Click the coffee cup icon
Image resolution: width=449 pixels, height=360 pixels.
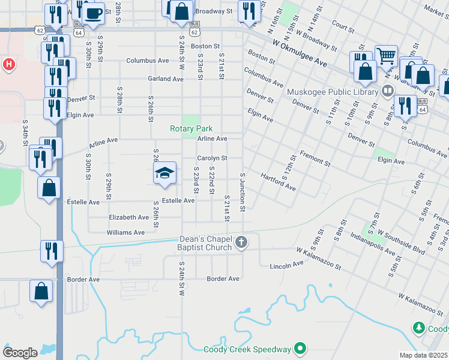click(93, 12)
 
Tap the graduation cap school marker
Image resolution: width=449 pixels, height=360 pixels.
click(164, 173)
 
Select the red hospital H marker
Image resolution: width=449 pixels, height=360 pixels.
click(8, 64)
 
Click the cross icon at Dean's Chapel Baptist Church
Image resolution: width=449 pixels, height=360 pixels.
click(241, 242)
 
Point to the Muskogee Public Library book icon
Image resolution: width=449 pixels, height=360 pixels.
click(387, 91)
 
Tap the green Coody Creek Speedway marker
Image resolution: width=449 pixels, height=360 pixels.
click(301, 349)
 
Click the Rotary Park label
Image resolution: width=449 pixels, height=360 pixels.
click(191, 129)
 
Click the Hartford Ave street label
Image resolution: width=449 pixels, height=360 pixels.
click(278, 182)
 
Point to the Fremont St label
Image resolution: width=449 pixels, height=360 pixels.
click(315, 159)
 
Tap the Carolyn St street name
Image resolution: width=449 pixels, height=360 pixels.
click(212, 158)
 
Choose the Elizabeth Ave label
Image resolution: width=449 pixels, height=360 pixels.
click(128, 217)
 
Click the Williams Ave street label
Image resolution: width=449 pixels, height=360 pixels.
click(125, 232)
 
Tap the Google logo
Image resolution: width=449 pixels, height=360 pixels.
click(20, 352)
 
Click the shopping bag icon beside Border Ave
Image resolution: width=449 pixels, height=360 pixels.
click(41, 292)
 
